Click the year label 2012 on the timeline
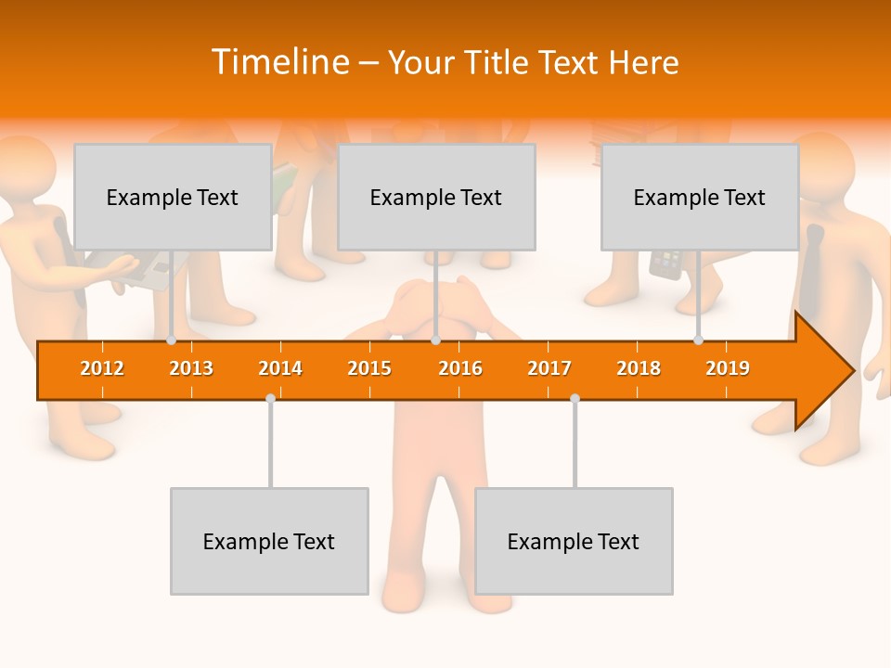102,368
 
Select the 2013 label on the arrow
191,368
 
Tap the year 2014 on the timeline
280,368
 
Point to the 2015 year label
369,368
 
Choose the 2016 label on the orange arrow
460,368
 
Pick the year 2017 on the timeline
549,368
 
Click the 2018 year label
639,368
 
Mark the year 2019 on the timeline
728,368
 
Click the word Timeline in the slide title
278,62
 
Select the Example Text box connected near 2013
173,197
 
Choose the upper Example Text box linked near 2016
436,197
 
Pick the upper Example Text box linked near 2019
700,197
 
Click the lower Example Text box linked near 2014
269,541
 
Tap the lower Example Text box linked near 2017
574,541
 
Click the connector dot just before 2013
172,340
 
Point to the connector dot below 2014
270,398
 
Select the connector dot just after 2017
575,398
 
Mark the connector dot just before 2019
699,340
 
